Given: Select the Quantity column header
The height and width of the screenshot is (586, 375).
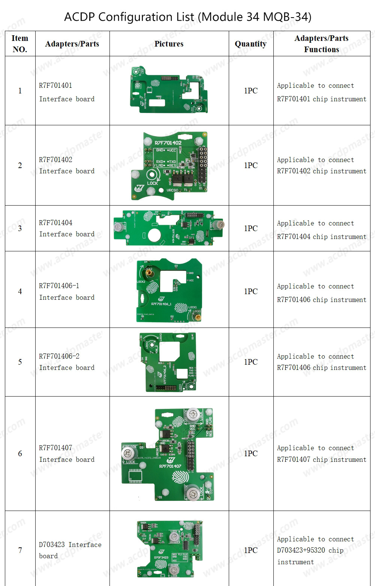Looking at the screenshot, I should (x=250, y=44).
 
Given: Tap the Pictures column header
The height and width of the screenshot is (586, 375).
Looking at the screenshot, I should (x=169, y=44).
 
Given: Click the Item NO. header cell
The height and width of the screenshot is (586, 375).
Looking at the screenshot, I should (x=20, y=44).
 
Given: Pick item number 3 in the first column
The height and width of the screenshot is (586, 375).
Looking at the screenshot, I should (x=20, y=228).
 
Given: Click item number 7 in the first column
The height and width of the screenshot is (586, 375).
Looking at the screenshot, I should (x=20, y=550).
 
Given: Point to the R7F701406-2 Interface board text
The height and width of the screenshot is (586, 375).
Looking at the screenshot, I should (x=67, y=362).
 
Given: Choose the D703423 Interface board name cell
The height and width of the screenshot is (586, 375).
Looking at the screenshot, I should (x=70, y=550).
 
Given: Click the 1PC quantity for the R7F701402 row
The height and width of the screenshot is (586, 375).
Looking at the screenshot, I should (x=250, y=165).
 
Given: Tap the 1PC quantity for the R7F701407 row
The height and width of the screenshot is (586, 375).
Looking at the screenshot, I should (x=250, y=454).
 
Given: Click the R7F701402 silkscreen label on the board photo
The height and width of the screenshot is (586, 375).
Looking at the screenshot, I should (x=168, y=143).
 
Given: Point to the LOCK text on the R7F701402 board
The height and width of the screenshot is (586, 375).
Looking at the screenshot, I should (x=153, y=183).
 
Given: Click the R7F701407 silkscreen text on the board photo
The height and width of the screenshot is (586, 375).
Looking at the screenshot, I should (x=170, y=466).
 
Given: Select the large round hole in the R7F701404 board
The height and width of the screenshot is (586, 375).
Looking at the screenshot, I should (x=154, y=236).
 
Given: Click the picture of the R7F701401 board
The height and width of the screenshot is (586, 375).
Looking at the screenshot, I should (x=169, y=90).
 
